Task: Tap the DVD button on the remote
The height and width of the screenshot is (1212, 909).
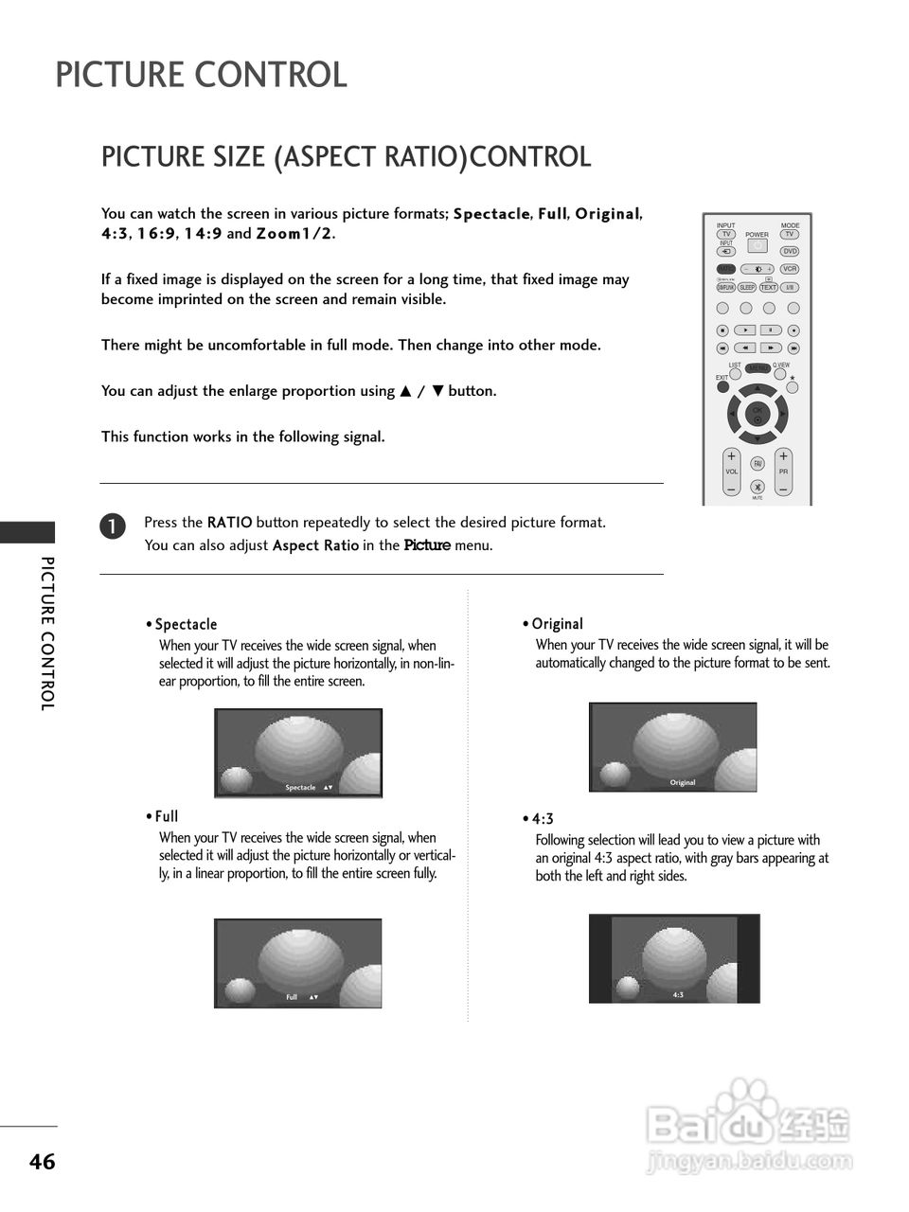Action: pos(790,252)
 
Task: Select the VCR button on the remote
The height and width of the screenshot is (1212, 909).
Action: pos(790,270)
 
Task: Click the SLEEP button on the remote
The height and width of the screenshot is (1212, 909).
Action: pos(747,288)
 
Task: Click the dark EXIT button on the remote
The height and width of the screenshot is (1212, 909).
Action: pos(722,386)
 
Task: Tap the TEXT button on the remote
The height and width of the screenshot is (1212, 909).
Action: pos(768,288)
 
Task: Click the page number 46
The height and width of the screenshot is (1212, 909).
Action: pos(42,1162)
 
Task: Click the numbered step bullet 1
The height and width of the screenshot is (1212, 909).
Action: pos(112,526)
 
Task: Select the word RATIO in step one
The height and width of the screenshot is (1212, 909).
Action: pos(229,522)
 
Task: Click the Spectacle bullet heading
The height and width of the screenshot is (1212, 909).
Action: pos(186,624)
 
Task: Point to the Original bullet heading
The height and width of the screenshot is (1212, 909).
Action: pos(557,624)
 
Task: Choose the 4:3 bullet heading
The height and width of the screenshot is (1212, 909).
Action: pos(543,818)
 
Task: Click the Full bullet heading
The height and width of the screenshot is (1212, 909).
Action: pos(167,816)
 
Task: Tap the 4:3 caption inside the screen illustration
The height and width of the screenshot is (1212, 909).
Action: pos(678,995)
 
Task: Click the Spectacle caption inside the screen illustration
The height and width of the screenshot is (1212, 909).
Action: pos(300,788)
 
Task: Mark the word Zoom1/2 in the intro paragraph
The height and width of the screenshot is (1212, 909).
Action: pos(294,234)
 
